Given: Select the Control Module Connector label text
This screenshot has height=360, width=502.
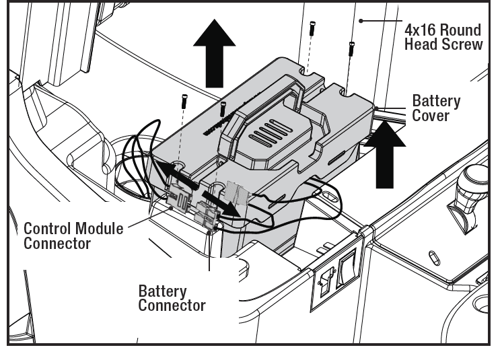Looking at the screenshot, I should point(73,236).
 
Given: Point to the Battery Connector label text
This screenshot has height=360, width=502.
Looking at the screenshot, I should point(172,298).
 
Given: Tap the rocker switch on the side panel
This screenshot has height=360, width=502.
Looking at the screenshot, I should point(347,268).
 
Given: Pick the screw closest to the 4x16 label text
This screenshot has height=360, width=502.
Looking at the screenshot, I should point(351,48).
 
